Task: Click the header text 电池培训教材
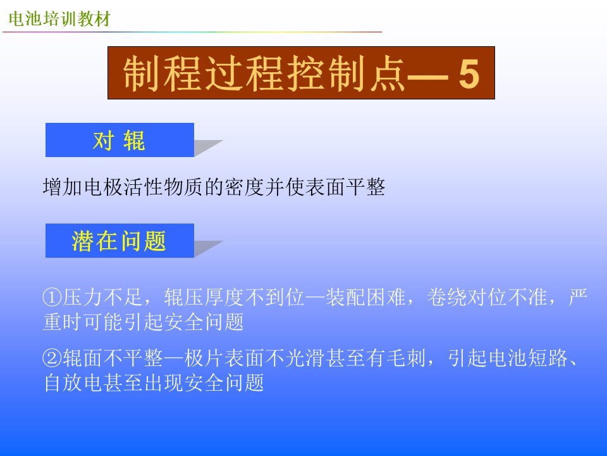click(59, 18)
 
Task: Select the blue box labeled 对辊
click(120, 140)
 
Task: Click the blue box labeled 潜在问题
click(120, 241)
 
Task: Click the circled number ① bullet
click(52, 298)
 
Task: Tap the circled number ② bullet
click(52, 358)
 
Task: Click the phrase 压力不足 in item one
click(102, 298)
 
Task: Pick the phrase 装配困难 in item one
click(366, 298)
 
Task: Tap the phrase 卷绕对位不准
click(487, 298)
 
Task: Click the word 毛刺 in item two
click(407, 358)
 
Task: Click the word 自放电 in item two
click(73, 383)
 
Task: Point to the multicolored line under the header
click(192, 32)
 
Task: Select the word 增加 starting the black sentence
click(63, 187)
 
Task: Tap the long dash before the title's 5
click(428, 75)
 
